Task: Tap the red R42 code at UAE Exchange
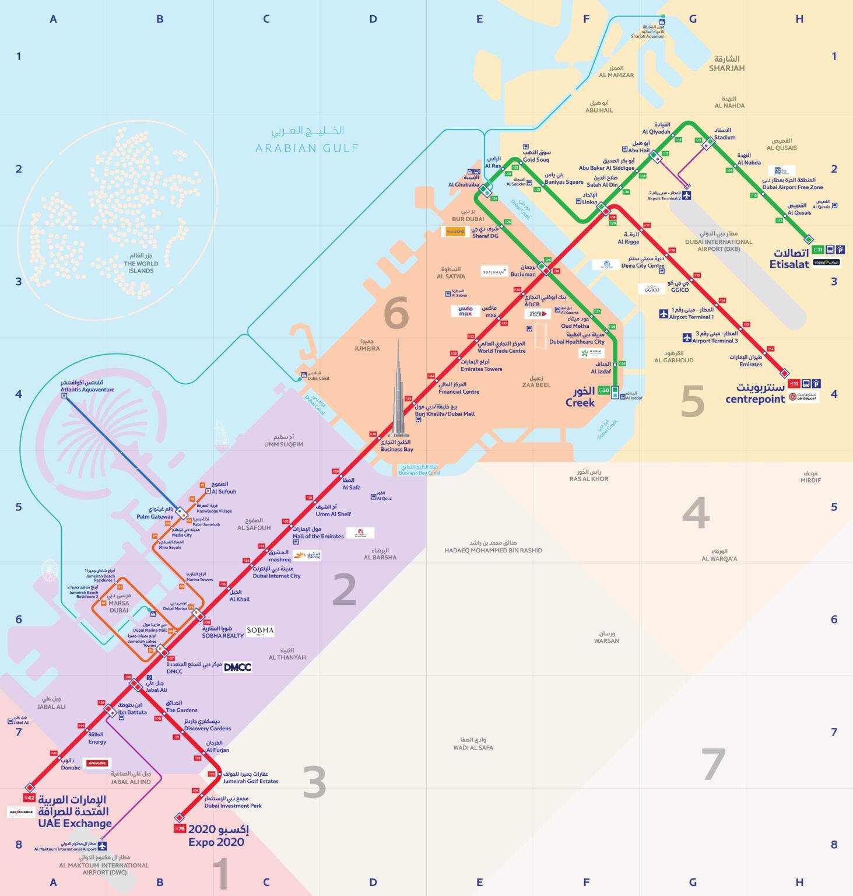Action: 29,797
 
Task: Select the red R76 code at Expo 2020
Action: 180,828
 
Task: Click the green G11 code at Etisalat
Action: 818,250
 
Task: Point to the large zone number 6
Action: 396,313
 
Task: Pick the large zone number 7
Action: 713,764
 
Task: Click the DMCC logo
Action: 237,667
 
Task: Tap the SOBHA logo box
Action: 260,631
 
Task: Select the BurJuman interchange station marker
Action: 542,268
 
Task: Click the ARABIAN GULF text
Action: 307,148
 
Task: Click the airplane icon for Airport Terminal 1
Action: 663,314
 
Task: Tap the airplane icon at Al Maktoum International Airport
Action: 103,846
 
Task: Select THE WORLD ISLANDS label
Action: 141,267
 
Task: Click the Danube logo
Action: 97,763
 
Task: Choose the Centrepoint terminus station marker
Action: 785,373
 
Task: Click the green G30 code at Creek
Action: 603,390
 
